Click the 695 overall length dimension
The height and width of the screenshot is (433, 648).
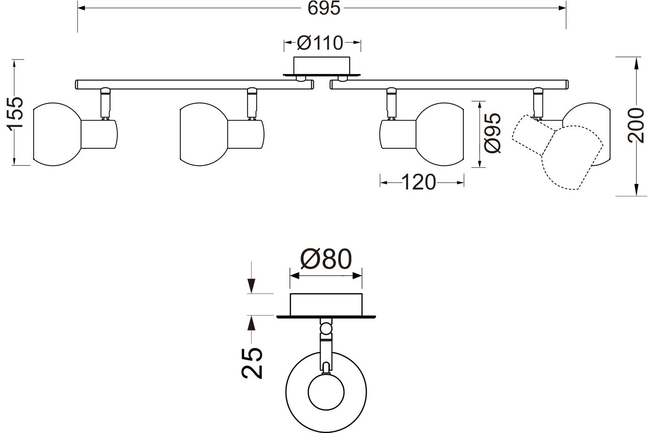point(324,8)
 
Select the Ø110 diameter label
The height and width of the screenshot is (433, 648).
point(320,43)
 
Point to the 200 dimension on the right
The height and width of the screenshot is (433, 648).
point(636,125)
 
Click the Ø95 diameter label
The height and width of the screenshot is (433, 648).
point(493,133)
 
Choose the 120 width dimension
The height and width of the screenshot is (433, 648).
point(419,183)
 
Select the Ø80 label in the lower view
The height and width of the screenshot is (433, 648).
point(326,259)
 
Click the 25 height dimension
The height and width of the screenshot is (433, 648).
point(252,363)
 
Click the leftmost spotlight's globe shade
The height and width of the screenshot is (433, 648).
point(57,134)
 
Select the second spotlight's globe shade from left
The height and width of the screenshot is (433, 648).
point(204,134)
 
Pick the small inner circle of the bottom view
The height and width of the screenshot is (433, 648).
point(326,392)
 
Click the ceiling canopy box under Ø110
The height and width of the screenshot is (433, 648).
point(321,65)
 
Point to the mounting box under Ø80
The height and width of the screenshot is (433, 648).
point(326,305)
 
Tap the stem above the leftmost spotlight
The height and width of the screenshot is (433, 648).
point(105,104)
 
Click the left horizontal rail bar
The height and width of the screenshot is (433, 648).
point(194,85)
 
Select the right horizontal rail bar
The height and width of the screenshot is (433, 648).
point(449,85)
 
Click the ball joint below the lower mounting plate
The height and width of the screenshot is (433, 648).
point(326,329)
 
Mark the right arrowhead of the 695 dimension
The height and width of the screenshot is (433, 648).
point(562,8)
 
